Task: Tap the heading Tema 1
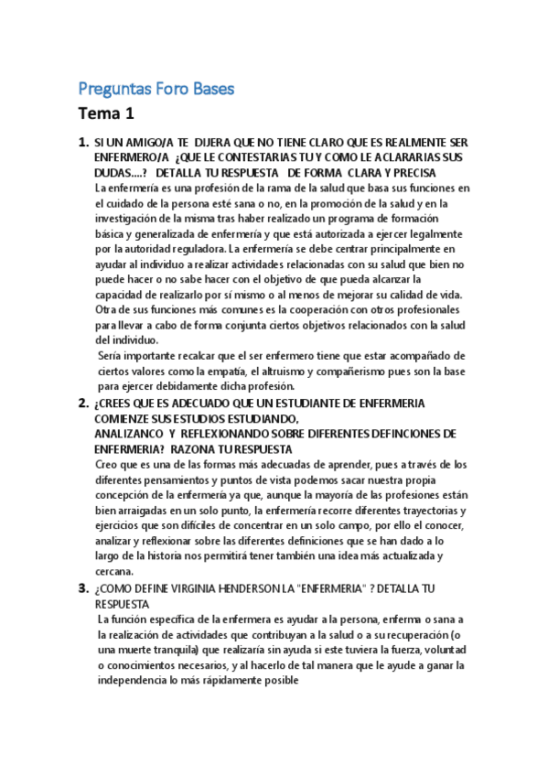tap(106, 114)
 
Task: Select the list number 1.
tap(83, 142)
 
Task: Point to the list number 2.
tap(83, 403)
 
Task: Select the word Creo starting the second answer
tap(107, 465)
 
